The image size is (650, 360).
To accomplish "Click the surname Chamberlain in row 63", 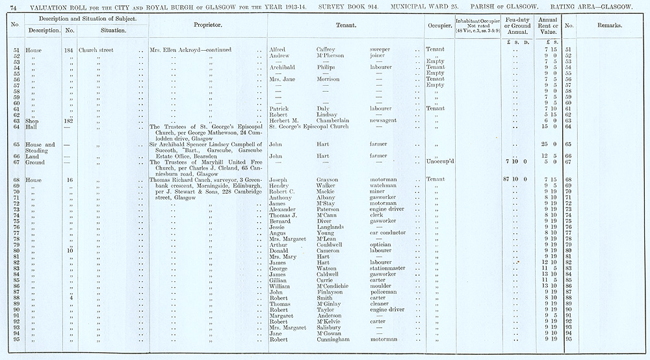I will click(x=336, y=120).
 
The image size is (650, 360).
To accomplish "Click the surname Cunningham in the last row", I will click(x=338, y=339).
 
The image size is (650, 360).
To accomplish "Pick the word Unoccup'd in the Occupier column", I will click(x=439, y=162).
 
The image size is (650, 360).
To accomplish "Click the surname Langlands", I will click(x=333, y=227).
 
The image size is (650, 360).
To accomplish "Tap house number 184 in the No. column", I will click(x=68, y=49).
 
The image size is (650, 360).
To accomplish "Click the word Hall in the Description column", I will click(x=31, y=126).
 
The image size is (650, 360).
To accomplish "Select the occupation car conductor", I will click(x=388, y=233).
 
